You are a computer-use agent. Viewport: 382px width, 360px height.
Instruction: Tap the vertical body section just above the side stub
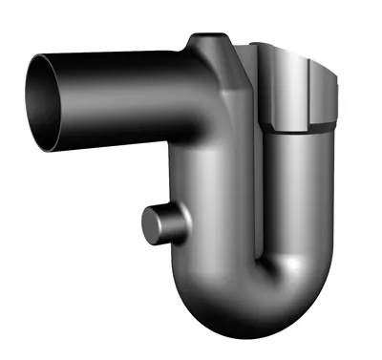coord(196,181)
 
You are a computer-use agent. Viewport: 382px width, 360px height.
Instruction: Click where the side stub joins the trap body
coord(181,229)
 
